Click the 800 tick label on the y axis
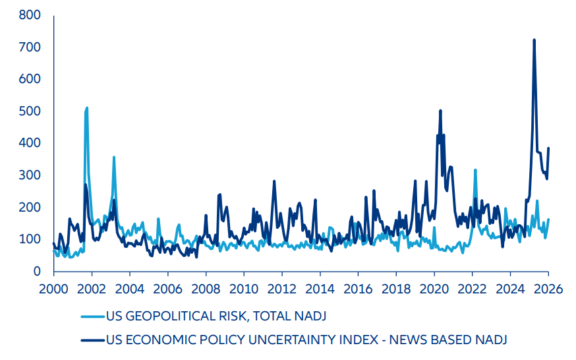(28, 15)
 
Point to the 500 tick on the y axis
(28, 111)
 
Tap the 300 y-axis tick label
(28, 175)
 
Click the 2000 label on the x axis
(53, 289)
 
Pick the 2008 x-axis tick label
(206, 289)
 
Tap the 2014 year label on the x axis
(320, 289)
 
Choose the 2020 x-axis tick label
(434, 289)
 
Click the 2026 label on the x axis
(548, 289)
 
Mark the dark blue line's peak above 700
(534, 40)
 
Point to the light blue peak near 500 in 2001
(86, 107)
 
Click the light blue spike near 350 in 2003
(114, 157)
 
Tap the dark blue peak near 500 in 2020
(440, 111)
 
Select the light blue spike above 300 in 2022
(475, 170)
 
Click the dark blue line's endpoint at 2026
(548, 148)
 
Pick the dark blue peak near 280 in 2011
(274, 181)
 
